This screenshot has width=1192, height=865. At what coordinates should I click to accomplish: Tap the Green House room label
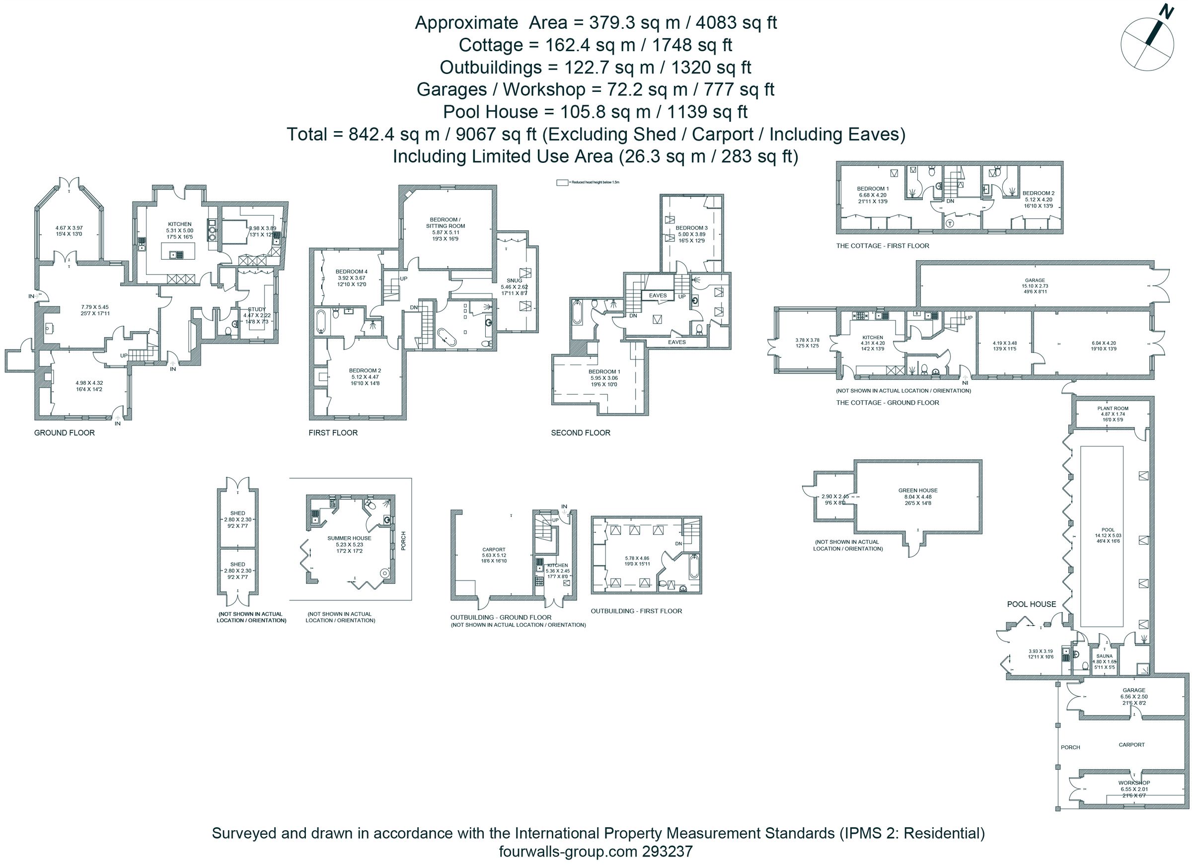pos(918,490)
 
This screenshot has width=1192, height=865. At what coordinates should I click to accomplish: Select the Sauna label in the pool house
pos(1104,656)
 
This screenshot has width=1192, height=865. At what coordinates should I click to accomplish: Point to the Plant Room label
pos(1113,408)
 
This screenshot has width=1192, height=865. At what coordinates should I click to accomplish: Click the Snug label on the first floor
pos(515,281)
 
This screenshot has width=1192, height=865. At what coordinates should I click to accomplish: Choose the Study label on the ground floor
pos(257,309)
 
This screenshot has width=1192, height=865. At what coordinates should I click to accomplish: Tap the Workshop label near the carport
pos(1134,783)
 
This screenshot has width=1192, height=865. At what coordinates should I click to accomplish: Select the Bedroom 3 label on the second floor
pos(691,228)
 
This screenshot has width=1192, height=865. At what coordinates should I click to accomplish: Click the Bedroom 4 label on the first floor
pos(351,272)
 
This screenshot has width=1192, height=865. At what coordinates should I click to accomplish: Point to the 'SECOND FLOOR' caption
pos(580,433)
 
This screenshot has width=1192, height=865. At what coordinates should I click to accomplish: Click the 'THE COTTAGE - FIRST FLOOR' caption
pos(883,246)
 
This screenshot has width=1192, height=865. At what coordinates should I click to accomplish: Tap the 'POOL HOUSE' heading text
pos(1031,604)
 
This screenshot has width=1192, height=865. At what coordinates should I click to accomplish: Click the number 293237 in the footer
pos(667,851)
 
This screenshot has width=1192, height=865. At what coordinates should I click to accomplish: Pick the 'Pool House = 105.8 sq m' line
pos(595,112)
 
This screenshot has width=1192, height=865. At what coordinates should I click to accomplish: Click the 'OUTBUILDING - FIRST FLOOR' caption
pos(636,611)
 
